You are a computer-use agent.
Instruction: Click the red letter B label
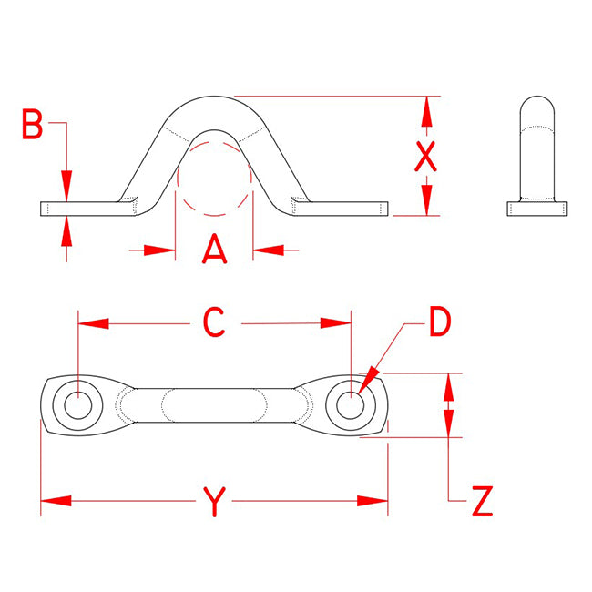tap(33, 124)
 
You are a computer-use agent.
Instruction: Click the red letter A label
tap(214, 249)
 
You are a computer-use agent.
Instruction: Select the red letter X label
tap(426, 157)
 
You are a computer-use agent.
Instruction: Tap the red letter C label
tap(214, 322)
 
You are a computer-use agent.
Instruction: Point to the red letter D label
tap(441, 322)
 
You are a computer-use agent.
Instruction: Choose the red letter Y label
tap(214, 502)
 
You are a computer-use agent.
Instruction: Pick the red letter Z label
tap(483, 501)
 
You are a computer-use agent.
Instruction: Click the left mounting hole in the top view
tap(78, 405)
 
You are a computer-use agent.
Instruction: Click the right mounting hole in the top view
tap(351, 405)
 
